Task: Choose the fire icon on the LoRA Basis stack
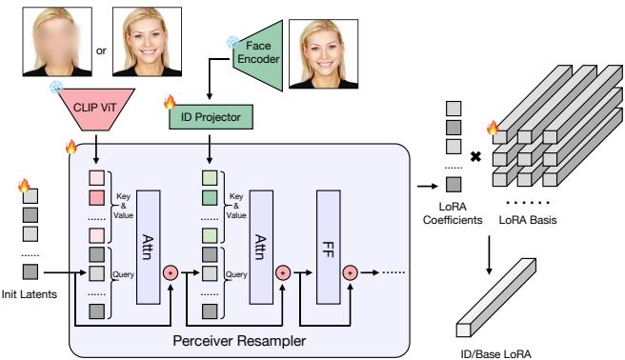tap(493, 127)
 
